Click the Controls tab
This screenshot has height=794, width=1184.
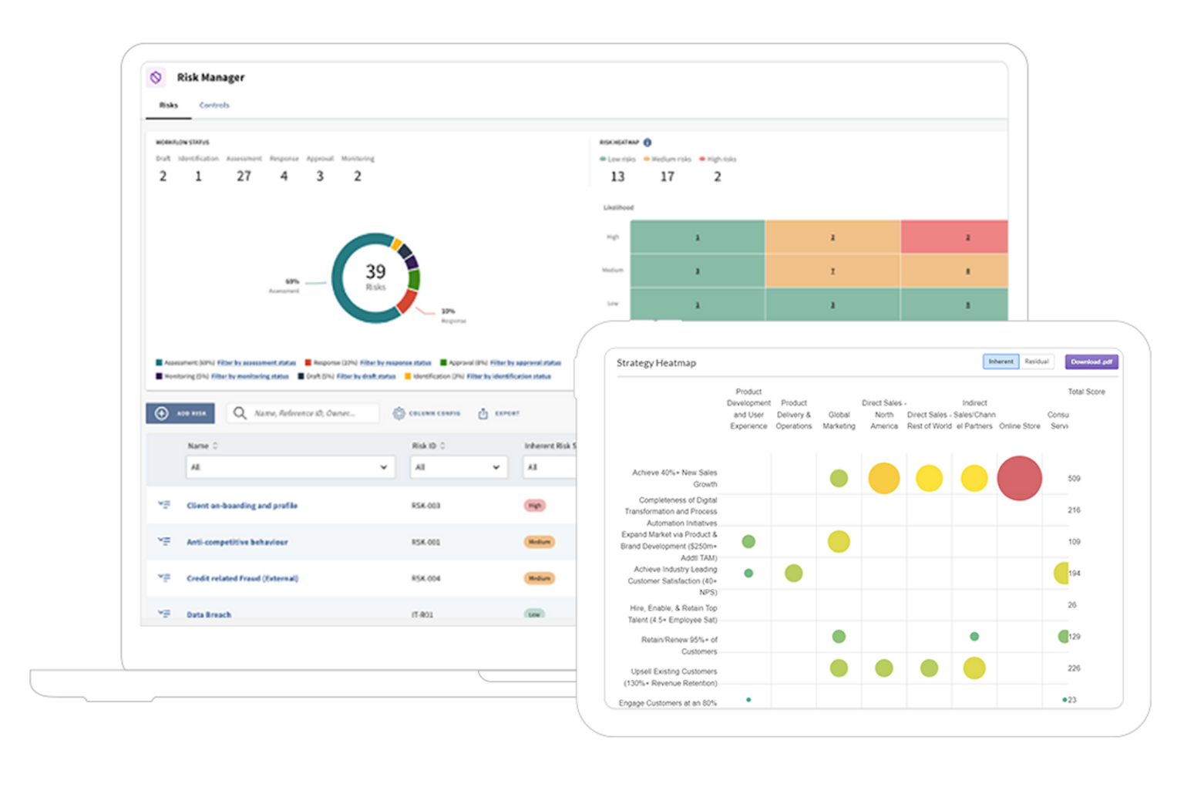214,105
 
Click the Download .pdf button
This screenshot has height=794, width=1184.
1091,362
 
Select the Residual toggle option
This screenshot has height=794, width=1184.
1037,362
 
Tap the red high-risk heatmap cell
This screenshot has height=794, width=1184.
954,237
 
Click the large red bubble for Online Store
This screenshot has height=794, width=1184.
1019,478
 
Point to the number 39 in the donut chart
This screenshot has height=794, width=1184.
375,272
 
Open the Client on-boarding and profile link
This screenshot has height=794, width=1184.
242,506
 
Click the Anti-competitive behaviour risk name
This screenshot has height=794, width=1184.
237,542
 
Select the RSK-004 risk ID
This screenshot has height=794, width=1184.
425,578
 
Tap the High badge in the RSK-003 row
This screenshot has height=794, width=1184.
535,506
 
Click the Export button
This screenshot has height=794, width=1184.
499,414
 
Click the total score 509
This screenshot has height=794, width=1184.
1074,479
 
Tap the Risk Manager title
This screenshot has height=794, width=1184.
210,77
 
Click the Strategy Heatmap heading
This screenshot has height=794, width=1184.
656,363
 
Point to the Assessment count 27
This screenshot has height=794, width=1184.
244,177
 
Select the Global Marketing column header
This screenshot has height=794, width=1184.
839,420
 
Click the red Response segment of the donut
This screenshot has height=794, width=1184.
406,301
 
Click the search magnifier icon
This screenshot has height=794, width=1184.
240,413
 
